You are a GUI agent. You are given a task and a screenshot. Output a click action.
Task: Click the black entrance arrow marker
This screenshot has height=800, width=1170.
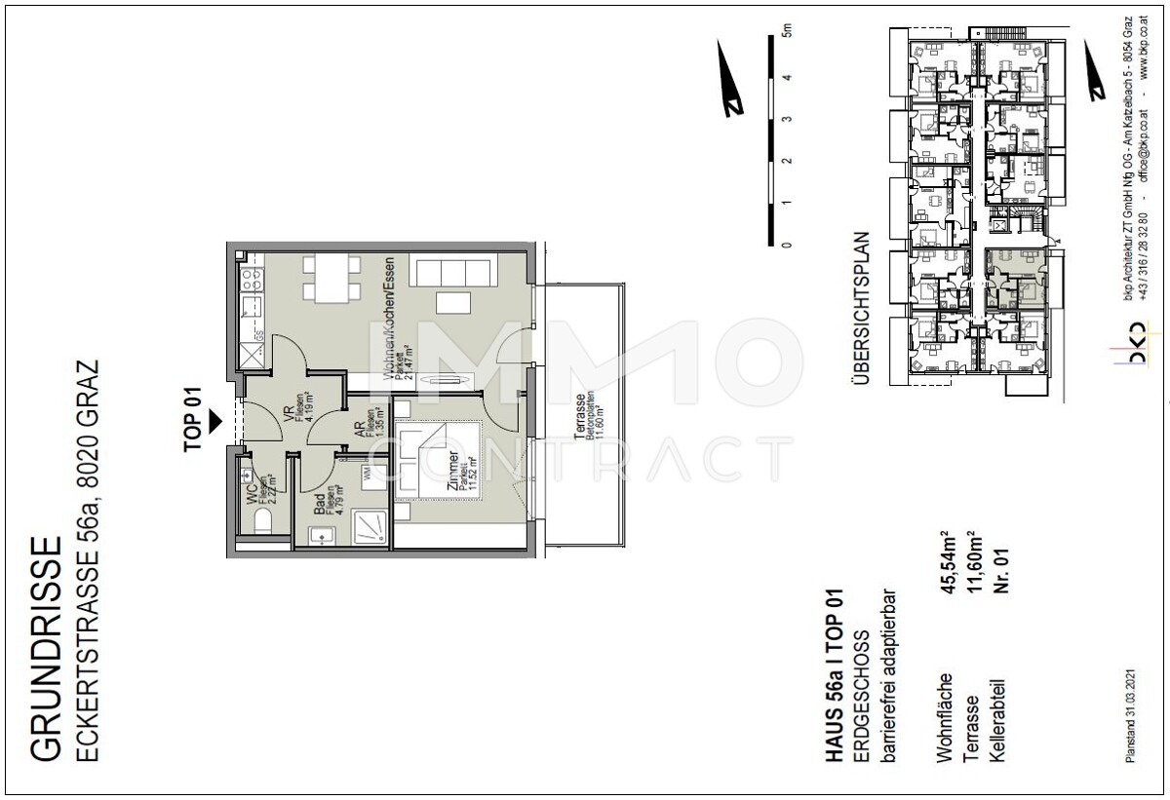point(216,419)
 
